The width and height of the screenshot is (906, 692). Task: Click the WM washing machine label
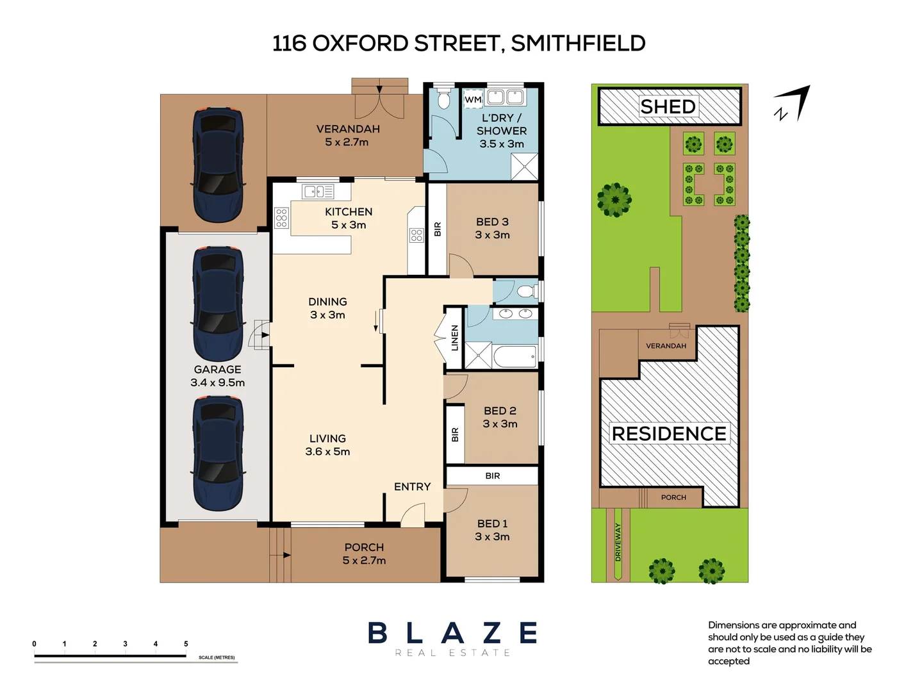473,99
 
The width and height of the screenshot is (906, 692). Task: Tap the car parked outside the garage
218,165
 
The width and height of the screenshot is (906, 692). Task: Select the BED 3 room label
492,228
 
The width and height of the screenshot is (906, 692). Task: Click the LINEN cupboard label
454,338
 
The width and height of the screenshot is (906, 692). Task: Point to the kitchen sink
318,191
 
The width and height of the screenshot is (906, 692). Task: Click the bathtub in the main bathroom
515,356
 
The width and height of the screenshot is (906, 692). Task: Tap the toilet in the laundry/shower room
443,100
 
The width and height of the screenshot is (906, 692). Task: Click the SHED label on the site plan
668,106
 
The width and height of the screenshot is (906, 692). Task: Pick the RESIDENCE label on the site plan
669,434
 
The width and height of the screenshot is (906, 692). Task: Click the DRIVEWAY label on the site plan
618,542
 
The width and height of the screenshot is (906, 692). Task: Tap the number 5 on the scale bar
186,644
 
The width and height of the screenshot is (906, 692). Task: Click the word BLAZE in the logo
452,633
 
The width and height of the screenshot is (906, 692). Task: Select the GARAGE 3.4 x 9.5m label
217,376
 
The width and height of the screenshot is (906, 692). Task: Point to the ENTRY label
412,487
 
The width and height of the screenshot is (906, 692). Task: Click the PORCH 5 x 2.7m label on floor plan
364,554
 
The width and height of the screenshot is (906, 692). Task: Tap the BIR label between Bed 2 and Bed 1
492,475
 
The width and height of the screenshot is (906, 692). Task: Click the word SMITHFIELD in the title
578,44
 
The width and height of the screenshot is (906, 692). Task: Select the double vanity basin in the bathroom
515,313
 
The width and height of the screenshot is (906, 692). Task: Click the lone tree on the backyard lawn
614,199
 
